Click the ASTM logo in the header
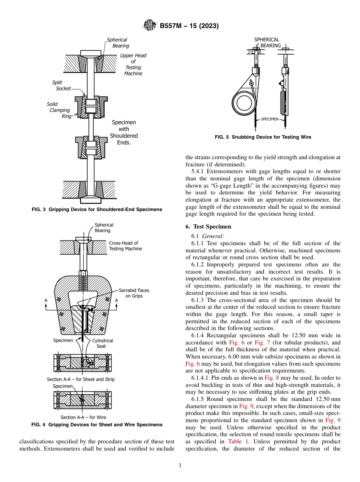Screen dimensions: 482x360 click(150, 26)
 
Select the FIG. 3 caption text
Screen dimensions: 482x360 click(97, 210)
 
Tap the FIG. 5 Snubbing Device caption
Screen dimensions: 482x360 click(263, 137)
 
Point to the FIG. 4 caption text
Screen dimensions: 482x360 click(97, 425)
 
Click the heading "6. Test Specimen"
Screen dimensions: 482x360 click(208, 227)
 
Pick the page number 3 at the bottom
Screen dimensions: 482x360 click(180, 466)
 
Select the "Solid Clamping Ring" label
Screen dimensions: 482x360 click(59, 110)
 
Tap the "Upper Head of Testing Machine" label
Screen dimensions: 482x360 click(133, 64)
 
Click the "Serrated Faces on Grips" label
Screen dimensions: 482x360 click(134, 293)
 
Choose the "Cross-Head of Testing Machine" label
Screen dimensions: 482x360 click(125, 246)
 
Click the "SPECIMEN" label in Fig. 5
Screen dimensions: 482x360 click(269, 119)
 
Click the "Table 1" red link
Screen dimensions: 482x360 click(238, 441)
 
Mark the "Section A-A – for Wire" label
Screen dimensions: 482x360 click(80, 417)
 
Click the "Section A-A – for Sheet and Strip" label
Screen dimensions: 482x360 click(80, 379)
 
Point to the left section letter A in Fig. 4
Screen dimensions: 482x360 click(46, 300)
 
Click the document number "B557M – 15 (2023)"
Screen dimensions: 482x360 click(189, 26)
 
